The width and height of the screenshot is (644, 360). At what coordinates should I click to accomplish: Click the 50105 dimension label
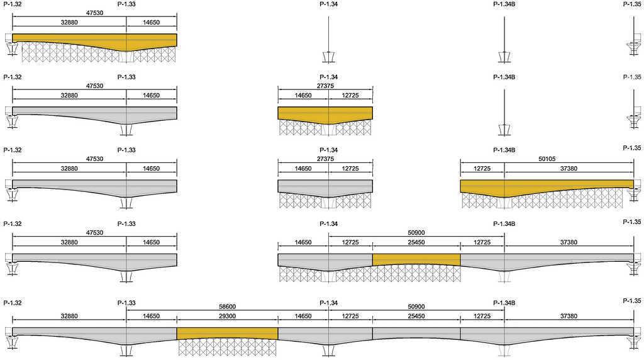547,159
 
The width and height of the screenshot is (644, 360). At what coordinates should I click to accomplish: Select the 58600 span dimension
227,307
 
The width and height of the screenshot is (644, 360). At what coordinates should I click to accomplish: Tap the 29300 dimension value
227,316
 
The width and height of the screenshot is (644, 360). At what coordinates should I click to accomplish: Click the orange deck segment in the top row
94,40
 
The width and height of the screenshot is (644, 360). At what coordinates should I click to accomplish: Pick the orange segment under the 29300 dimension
227,334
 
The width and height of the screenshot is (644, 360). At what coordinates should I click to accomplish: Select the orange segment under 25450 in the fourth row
416,259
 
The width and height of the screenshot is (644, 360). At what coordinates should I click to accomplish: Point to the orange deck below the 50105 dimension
547,186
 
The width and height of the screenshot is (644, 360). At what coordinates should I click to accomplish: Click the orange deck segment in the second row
325,114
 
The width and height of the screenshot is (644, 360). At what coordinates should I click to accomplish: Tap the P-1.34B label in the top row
504,4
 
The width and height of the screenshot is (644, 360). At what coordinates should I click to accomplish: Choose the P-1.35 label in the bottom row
631,301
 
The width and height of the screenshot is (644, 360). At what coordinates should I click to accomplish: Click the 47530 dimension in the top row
94,13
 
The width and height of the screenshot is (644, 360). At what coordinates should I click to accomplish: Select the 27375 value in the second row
325,86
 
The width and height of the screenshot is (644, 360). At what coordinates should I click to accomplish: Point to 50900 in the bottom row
416,307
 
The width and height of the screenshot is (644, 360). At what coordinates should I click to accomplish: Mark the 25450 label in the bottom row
416,316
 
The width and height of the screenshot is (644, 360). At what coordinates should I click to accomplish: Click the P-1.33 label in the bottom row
126,303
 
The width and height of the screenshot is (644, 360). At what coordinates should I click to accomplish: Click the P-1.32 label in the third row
13,150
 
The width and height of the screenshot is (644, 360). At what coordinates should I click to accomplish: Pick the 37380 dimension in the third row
569,169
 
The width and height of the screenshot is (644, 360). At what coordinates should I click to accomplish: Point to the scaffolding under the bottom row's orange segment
227,347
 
